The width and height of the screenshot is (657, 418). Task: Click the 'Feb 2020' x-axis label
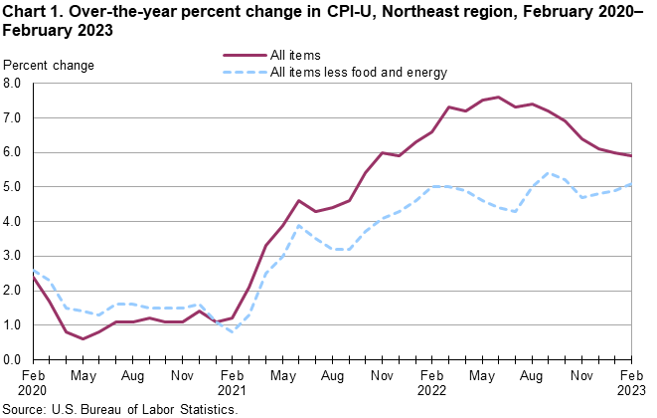pos(34,383)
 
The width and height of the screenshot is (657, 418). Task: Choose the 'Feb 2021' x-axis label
pos(233,383)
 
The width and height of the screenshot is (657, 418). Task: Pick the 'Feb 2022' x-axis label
pos(432,383)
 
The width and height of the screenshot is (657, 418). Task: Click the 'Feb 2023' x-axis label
pos(631,383)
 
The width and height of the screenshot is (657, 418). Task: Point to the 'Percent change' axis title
pos(50,66)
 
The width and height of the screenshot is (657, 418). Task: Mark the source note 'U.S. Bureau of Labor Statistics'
pos(159,409)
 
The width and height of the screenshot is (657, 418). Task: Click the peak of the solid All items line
pos(498,98)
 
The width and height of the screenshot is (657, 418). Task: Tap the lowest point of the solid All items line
pos(83,338)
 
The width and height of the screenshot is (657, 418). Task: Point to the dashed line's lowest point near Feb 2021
pos(233,331)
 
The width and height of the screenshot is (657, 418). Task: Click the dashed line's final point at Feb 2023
pos(631,184)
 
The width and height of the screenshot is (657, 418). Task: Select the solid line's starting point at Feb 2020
pos(34,277)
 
